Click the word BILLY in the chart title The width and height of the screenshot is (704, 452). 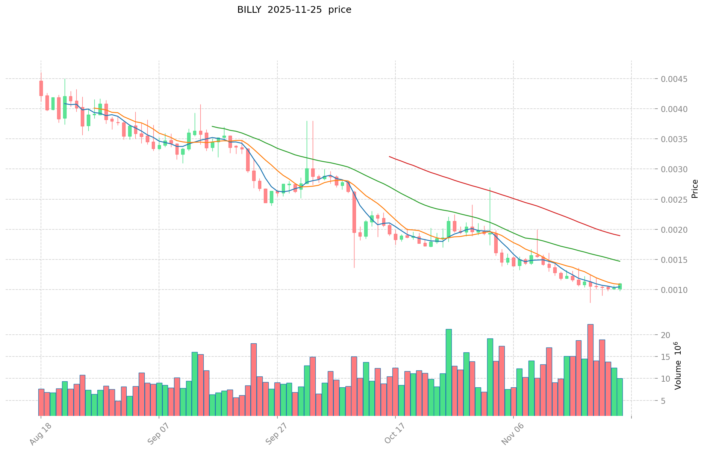point(249,10)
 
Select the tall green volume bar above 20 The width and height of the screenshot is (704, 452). point(449,372)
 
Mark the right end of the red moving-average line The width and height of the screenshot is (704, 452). point(619,236)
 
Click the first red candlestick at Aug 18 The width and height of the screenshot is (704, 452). point(41,88)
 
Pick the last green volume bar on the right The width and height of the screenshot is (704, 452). point(619,397)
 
